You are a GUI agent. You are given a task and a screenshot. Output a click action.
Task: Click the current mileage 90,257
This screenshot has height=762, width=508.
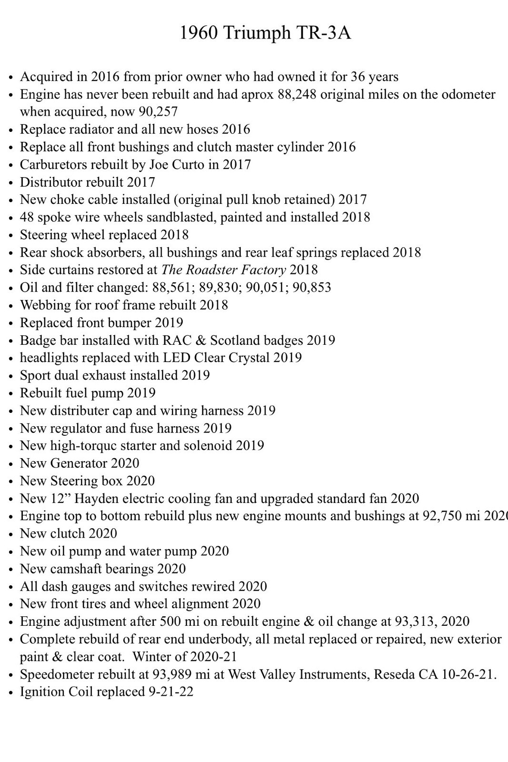158,112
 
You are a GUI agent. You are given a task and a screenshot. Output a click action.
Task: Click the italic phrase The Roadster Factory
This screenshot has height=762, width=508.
223,270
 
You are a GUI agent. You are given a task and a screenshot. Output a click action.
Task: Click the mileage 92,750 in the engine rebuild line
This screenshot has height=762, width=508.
442,516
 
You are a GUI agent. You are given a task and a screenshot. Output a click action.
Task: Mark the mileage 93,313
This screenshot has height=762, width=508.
415,622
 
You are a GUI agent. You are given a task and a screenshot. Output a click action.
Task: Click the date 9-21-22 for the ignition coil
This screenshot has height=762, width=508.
171,692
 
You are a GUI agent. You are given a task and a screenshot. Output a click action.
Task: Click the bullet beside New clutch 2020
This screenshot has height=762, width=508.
11,534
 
